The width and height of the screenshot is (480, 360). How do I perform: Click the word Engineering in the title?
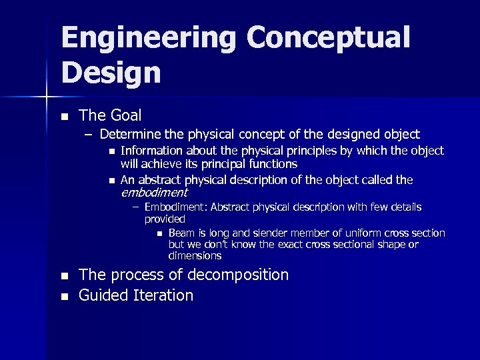point(148,39)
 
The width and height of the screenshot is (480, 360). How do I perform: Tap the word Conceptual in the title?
point(328,39)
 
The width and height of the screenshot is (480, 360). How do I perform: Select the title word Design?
point(111,73)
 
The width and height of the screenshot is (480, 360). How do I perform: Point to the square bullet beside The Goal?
point(64,117)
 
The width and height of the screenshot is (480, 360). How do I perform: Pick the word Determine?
point(130,134)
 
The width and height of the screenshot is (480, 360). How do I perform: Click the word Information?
point(152,151)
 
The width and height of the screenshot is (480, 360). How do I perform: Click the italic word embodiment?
point(154,193)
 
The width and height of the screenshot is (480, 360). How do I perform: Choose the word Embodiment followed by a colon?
point(177,207)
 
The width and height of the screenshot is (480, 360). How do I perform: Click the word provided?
point(165,219)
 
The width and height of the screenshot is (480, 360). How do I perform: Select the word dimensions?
point(195,256)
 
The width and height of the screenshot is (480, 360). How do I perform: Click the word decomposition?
point(238,275)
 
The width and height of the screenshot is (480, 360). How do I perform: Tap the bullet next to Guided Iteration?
point(64,296)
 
